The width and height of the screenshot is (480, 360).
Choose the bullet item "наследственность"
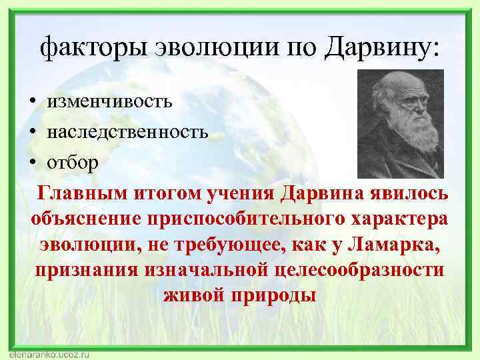point(127,131)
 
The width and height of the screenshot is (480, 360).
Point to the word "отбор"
point(71,162)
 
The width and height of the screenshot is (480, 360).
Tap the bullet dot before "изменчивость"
point(31,103)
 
